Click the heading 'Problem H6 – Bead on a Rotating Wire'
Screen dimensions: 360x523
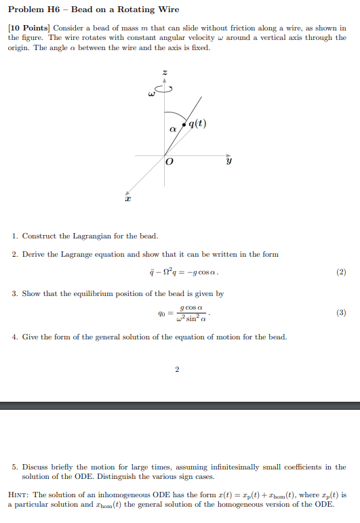tap(94, 9)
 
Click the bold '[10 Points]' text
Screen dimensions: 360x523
tap(28, 28)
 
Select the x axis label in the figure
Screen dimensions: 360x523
tap(126, 199)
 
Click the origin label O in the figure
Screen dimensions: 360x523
tap(169, 162)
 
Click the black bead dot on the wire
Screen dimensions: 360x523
tap(184, 124)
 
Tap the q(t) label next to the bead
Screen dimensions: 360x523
tap(198, 123)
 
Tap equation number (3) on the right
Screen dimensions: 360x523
tap(341, 314)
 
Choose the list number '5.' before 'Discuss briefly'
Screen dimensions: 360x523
tap(15, 467)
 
